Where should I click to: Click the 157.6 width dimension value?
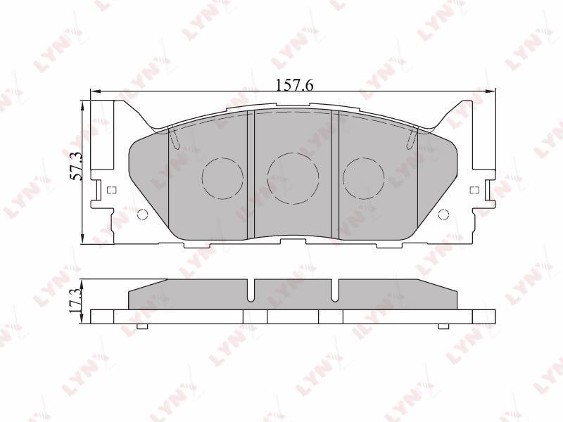pyautogui.click(x=294, y=84)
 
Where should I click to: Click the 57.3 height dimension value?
pyautogui.click(x=76, y=165)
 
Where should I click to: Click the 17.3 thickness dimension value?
pyautogui.click(x=76, y=301)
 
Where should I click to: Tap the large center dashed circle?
pyautogui.click(x=293, y=179)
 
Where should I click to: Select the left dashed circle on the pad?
pyautogui.click(x=222, y=179)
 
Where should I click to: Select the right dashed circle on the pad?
pyautogui.click(x=363, y=179)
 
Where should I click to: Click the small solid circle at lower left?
pyautogui.click(x=143, y=215)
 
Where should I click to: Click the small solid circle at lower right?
pyautogui.click(x=444, y=215)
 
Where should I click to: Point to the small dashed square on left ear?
pyautogui.click(x=112, y=190)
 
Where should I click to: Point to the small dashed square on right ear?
pyautogui.click(x=474, y=190)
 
